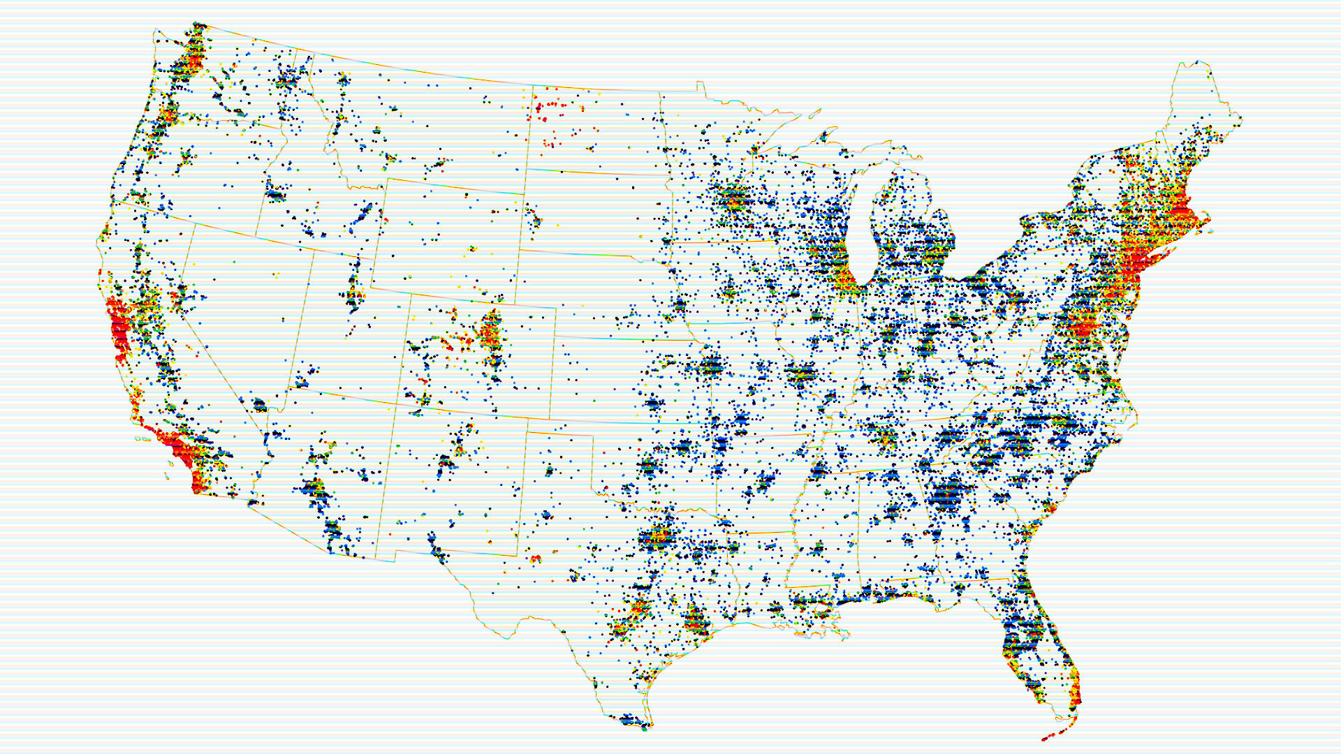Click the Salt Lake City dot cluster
(x=354, y=293)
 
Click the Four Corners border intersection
(x=397, y=404)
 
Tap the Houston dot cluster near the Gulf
(x=695, y=620)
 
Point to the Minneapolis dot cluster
(x=733, y=199)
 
